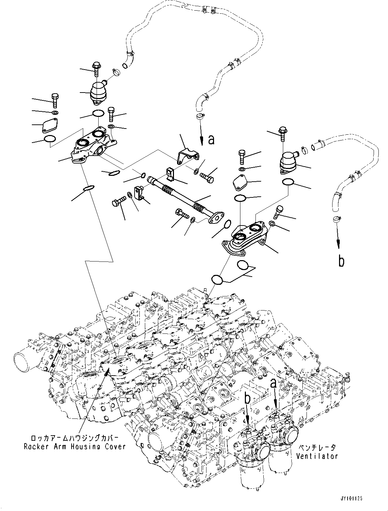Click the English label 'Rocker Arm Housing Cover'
pyautogui.click(x=74, y=446)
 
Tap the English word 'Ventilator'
pyautogui.click(x=317, y=456)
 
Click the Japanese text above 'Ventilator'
pyautogui.click(x=317, y=448)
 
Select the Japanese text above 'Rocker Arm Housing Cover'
pyautogui.click(x=75, y=438)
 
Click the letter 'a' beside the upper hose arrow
pyautogui.click(x=211, y=139)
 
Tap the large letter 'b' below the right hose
pyautogui.click(x=341, y=261)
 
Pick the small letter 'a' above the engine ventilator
pyautogui.click(x=274, y=383)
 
